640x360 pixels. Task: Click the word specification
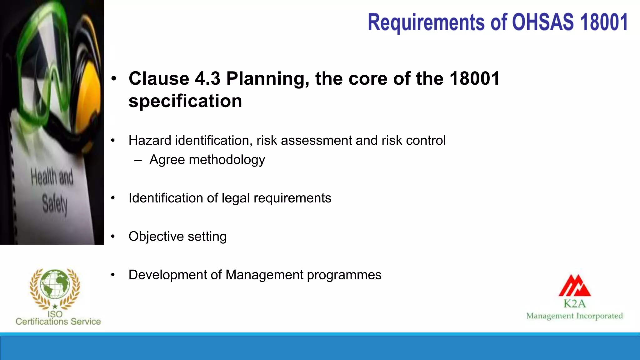tap(185, 101)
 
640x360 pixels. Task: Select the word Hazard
tap(150, 140)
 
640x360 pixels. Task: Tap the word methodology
tap(227, 160)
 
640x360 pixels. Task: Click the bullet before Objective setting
tap(113, 237)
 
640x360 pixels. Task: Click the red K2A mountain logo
tap(574, 286)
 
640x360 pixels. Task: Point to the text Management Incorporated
tap(574, 316)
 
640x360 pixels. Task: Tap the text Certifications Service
tap(58, 322)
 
